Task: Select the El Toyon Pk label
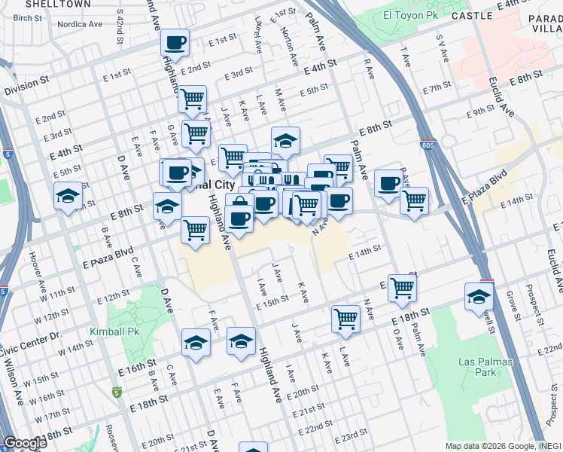(409, 14)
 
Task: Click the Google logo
(25, 443)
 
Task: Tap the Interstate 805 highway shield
(428, 143)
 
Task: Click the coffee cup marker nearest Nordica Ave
(175, 44)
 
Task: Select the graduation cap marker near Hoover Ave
(68, 196)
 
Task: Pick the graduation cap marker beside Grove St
(479, 296)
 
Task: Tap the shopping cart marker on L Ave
(345, 318)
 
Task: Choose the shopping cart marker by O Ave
(403, 287)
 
